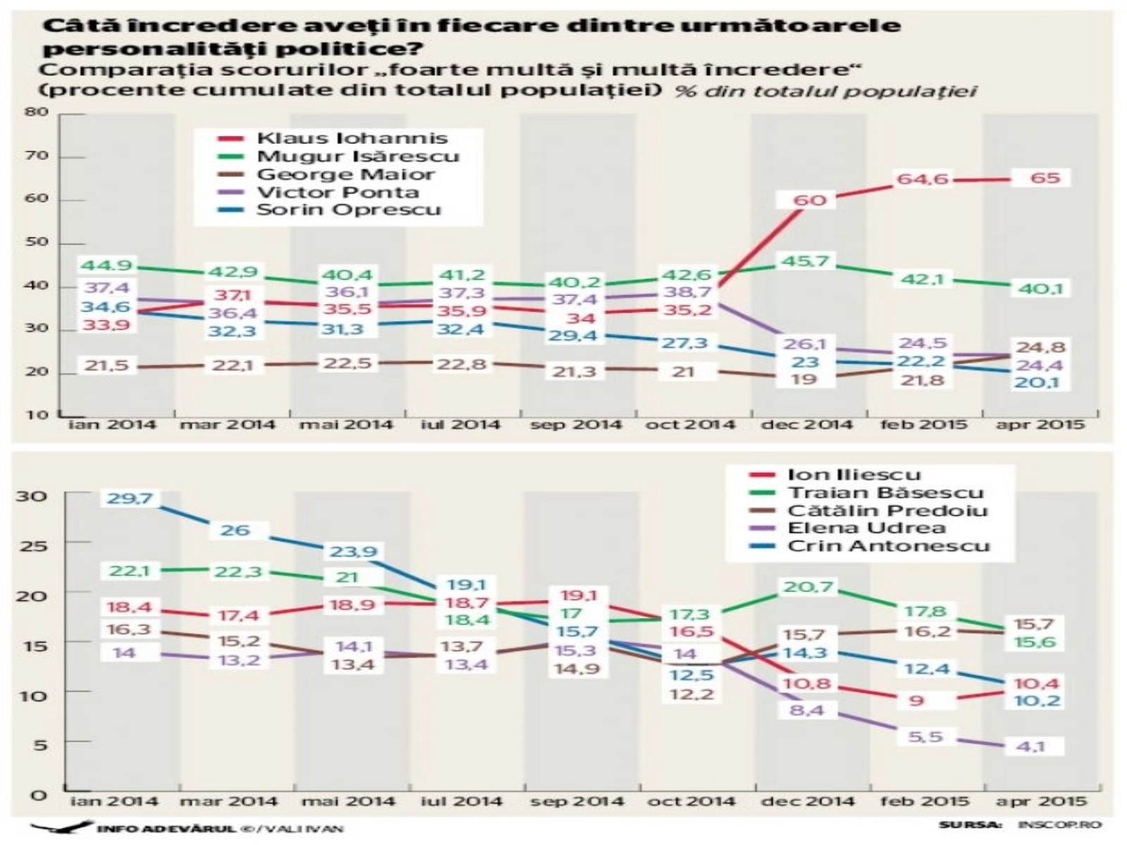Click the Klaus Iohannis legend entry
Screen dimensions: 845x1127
coord(352,139)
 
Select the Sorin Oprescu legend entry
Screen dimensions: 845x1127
coord(348,210)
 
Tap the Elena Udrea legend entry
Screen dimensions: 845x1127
coord(866,528)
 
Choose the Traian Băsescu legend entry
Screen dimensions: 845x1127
coord(885,493)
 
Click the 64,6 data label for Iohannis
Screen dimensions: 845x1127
coord(922,180)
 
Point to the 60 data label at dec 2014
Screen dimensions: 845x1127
coord(809,201)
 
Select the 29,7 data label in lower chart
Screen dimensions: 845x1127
coord(130,499)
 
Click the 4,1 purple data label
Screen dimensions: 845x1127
coord(1030,746)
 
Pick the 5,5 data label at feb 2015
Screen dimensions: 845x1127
coord(926,737)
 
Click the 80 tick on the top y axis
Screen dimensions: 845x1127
coord(38,113)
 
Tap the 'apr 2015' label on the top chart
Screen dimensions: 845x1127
coord(1040,425)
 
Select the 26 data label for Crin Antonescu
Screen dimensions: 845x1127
coord(235,530)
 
